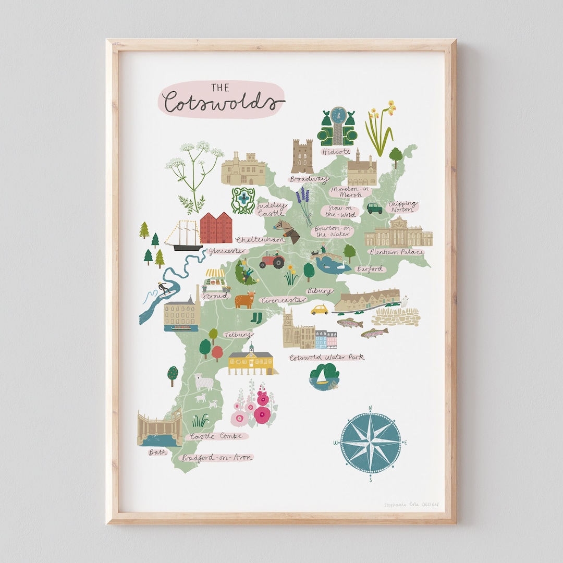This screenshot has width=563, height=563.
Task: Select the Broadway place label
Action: (309, 179)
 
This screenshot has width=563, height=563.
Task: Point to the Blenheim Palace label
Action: (397, 252)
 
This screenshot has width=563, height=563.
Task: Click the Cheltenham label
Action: (260, 240)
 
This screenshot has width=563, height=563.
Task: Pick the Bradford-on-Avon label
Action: (217, 458)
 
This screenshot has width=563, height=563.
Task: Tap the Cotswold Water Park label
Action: (327, 358)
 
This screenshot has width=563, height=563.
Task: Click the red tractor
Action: (272, 260)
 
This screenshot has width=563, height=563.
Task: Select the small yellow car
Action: (320, 309)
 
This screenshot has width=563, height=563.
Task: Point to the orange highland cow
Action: (244, 300)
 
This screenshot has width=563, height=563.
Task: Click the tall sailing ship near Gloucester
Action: (183, 236)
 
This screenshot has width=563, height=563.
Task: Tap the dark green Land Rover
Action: (374, 209)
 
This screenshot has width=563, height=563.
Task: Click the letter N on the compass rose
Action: (370, 408)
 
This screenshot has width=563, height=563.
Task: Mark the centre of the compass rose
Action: (370, 443)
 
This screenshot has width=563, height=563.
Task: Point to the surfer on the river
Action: (164, 288)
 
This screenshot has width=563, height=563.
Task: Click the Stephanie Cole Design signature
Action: (411, 505)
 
